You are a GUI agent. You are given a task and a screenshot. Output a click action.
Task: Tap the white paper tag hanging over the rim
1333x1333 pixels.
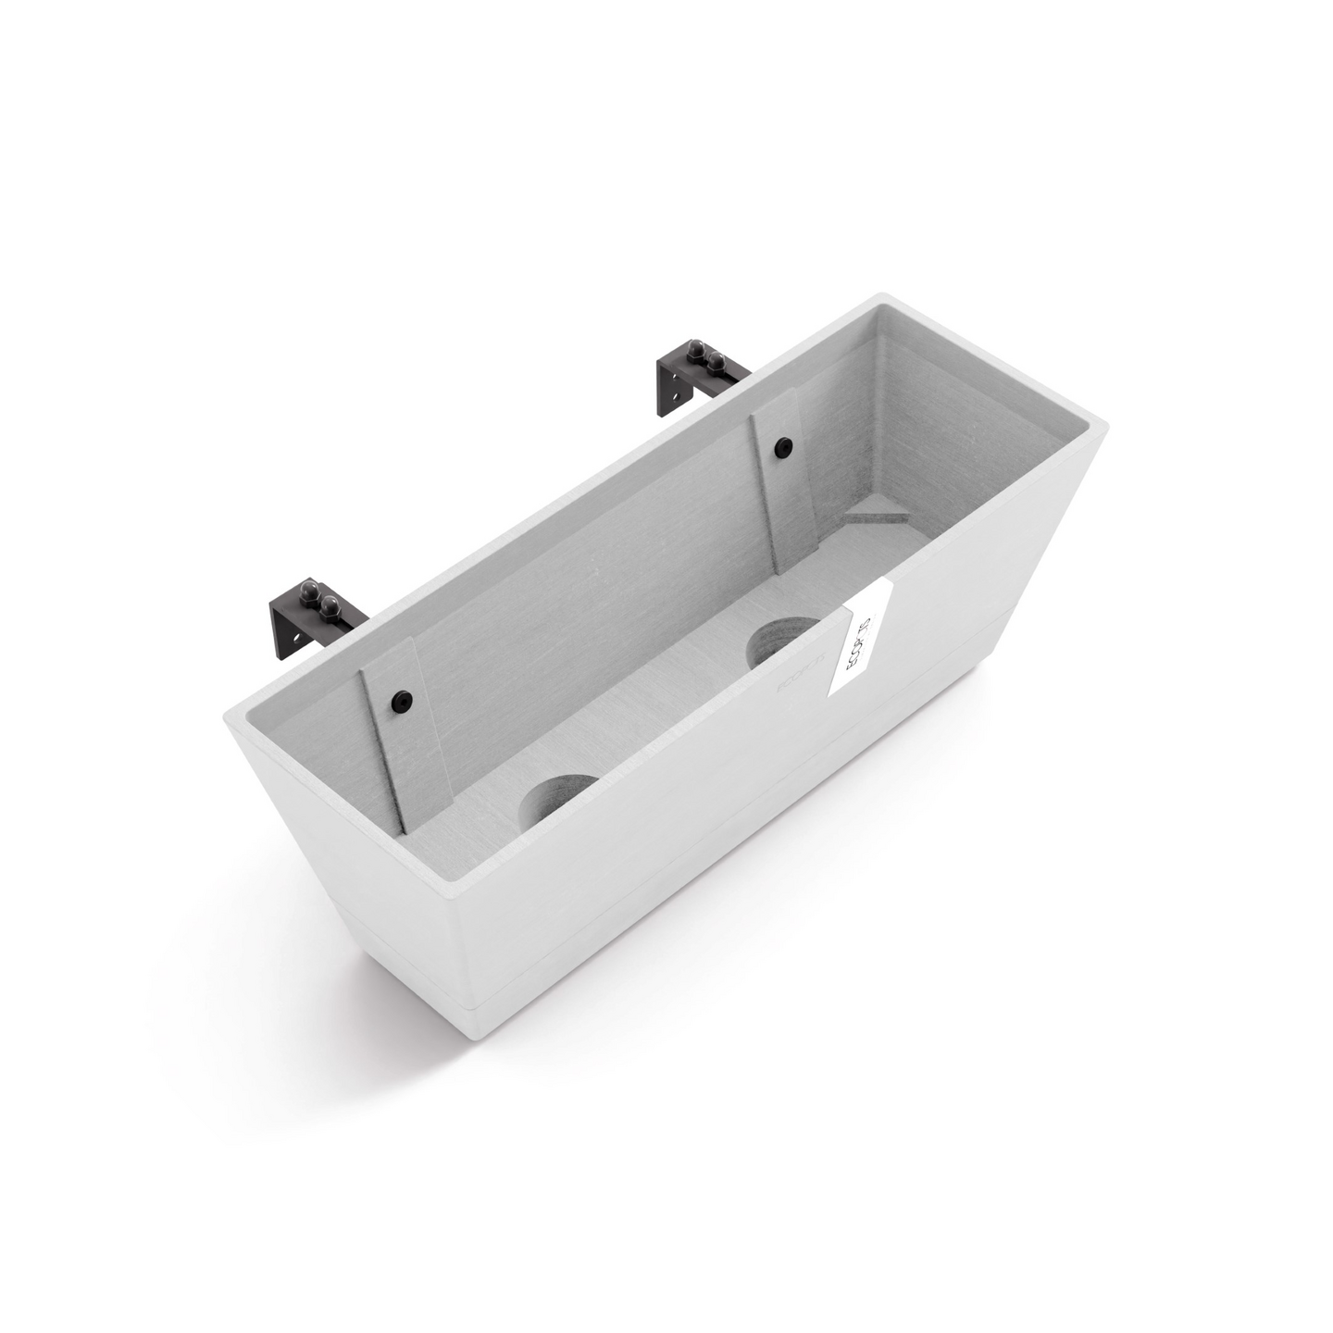(860, 639)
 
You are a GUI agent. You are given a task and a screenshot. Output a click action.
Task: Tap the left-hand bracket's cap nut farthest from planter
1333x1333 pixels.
(307, 590)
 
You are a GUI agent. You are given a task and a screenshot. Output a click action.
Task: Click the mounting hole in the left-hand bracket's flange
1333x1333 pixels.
(294, 637)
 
